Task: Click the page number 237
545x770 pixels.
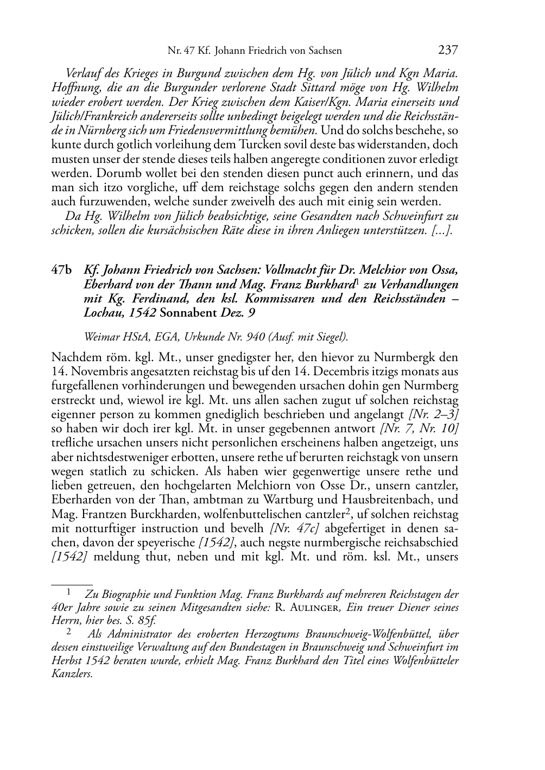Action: click(x=448, y=51)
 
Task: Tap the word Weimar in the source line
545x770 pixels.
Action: click(x=100, y=337)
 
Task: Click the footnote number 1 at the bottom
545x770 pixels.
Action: click(x=69, y=593)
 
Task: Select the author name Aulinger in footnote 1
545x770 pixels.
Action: click(x=313, y=608)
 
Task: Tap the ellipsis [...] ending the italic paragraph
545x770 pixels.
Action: click(x=442, y=230)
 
